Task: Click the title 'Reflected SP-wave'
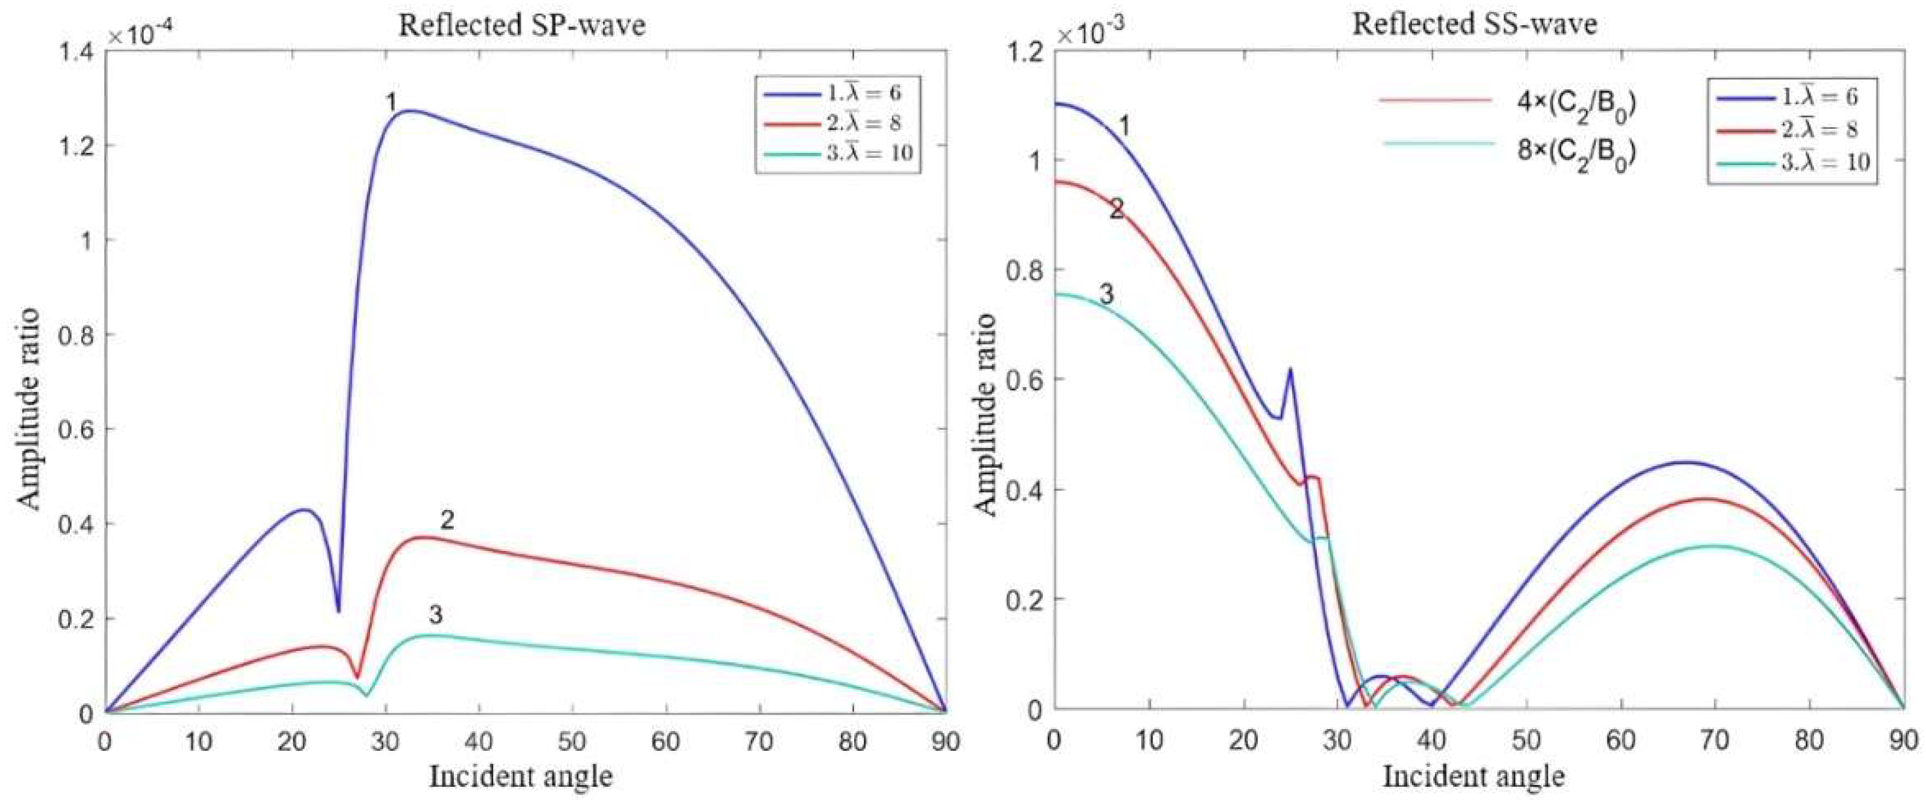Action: click(x=521, y=25)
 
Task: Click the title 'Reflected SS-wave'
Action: click(x=1475, y=24)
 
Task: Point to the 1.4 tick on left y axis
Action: click(x=76, y=51)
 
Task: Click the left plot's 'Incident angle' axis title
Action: click(x=521, y=777)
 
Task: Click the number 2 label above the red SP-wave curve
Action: click(x=447, y=519)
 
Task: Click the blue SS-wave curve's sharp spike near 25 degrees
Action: click(x=1290, y=370)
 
